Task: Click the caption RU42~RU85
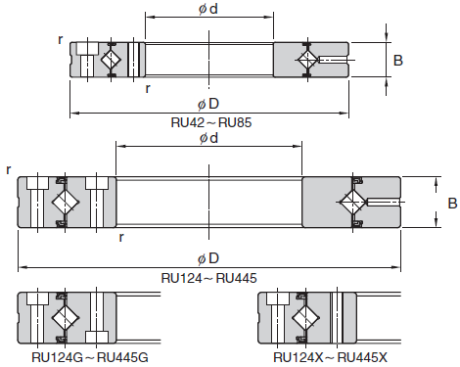pos(211,122)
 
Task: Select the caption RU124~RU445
pos(208,278)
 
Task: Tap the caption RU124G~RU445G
pos(90,357)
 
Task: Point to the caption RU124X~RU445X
pos(330,357)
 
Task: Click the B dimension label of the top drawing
pos(398,61)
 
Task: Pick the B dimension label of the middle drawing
pos(452,204)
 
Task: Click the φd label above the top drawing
pos(208,9)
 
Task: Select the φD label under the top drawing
pos(208,104)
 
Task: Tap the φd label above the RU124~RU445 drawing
pos(208,138)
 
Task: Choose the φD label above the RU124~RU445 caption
pos(208,258)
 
